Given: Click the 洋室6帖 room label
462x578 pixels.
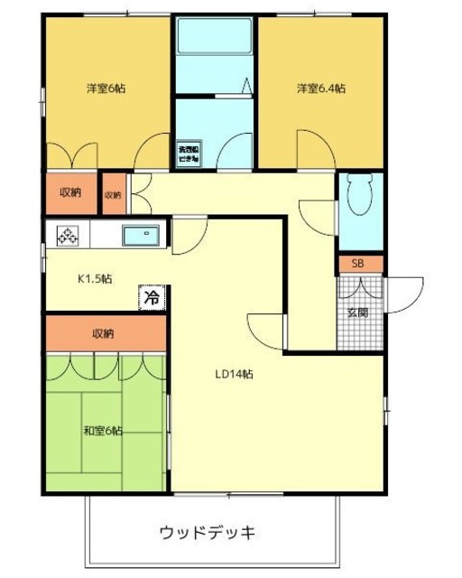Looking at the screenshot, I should (106, 89).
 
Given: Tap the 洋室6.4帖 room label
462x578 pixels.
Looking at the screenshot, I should (322, 89).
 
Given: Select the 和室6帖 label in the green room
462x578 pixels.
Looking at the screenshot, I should (104, 430).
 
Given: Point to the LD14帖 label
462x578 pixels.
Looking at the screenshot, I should (233, 374).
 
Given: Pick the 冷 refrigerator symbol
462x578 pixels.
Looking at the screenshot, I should (152, 296).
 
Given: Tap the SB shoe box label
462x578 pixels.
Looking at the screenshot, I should (358, 264).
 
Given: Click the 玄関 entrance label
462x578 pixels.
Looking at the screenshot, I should (358, 312).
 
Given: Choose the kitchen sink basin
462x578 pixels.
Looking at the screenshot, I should (141, 236).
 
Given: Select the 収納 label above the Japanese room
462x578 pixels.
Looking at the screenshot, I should (103, 333).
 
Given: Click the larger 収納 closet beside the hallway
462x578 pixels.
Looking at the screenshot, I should (70, 192).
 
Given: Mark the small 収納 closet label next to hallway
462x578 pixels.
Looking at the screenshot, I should (112, 194).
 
